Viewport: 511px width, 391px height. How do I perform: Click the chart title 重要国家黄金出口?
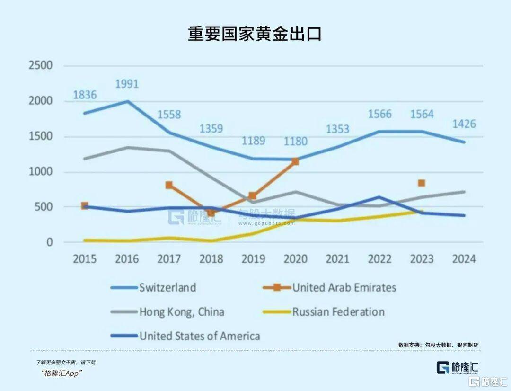(x=255, y=34)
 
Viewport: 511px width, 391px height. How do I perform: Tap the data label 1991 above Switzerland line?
(x=127, y=84)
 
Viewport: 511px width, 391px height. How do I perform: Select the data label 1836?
(x=85, y=95)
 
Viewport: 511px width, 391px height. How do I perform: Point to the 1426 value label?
(x=464, y=124)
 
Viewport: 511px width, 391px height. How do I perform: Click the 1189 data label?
(x=253, y=141)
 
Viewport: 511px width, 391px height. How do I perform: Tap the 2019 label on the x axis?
(x=253, y=259)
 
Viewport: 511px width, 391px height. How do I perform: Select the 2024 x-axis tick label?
(x=464, y=259)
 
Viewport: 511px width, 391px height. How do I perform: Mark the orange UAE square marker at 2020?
(x=295, y=161)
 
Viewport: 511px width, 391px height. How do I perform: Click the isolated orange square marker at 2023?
(x=422, y=183)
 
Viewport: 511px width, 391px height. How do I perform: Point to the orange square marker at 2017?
(x=169, y=185)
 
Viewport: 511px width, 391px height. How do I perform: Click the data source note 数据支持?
(x=438, y=345)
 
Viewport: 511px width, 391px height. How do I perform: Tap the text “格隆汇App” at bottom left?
(x=62, y=373)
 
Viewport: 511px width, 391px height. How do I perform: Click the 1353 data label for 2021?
(x=337, y=129)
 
